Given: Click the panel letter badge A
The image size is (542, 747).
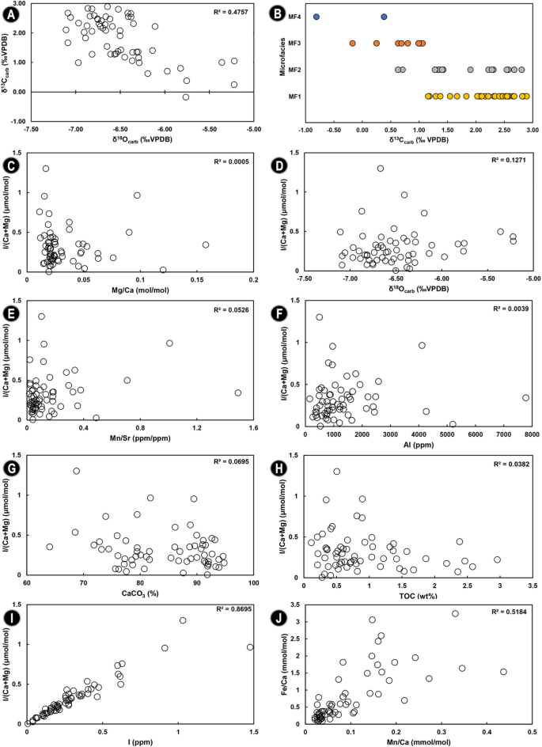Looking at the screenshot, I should click(x=11, y=10).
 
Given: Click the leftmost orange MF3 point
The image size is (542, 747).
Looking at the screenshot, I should click(x=353, y=44).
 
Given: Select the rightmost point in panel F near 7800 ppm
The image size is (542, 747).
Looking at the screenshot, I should click(x=525, y=398).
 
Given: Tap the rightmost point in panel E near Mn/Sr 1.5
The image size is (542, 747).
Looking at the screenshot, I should click(x=238, y=392).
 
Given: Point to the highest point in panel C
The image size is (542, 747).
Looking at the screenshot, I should click(x=46, y=168).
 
